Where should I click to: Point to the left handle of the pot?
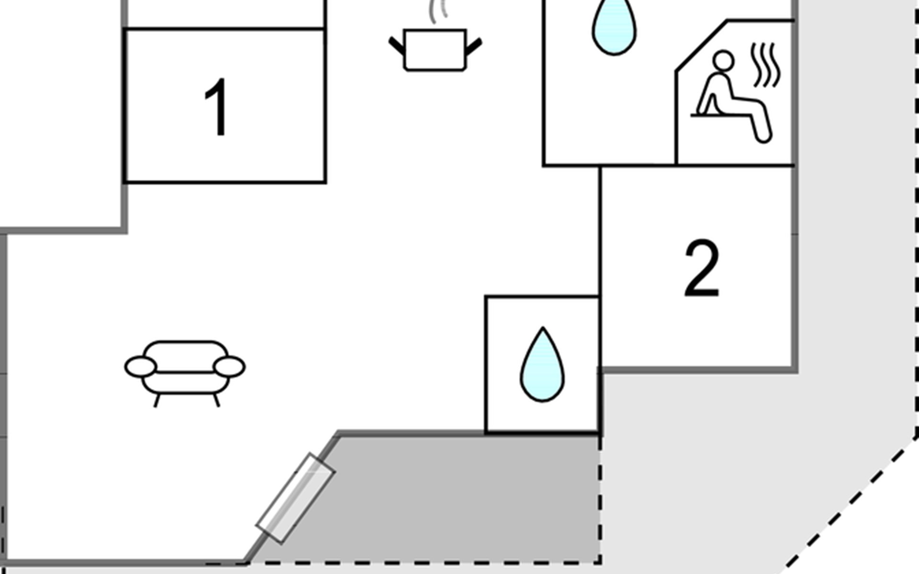click(397, 46)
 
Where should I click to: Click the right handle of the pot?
click(473, 47)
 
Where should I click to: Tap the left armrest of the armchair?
click(141, 367)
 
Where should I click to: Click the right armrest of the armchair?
click(229, 367)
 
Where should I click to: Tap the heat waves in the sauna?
click(765, 65)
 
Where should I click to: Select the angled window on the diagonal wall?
click(295, 498)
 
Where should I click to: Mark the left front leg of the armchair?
click(157, 400)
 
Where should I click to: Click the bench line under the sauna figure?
click(720, 115)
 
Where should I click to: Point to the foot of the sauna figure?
click(764, 136)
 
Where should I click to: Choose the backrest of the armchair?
click(185, 356)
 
